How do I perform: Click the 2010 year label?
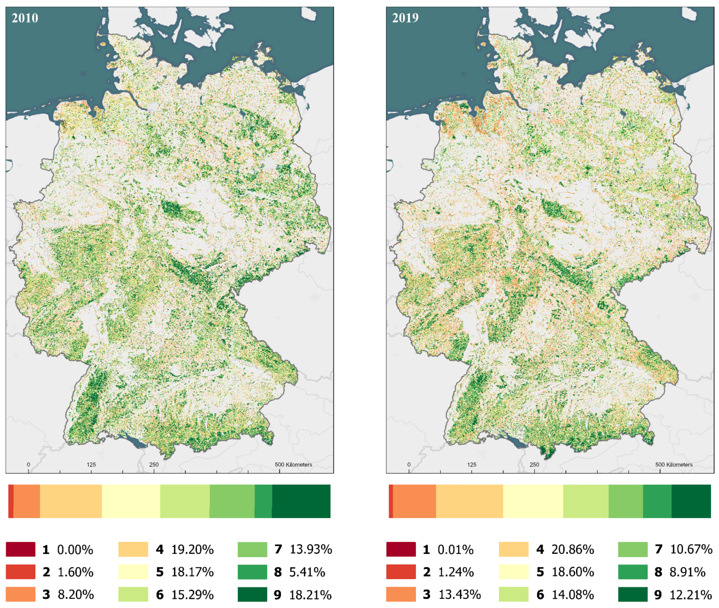click(x=25, y=18)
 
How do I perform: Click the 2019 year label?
click(x=405, y=18)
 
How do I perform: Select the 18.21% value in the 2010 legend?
click(x=310, y=594)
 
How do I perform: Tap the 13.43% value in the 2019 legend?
click(x=459, y=594)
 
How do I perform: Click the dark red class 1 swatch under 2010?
click(x=20, y=549)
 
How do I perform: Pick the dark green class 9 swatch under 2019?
click(x=632, y=594)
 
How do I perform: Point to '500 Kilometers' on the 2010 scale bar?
click(x=293, y=465)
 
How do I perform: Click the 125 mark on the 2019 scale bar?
click(x=471, y=465)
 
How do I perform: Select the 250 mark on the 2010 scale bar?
click(x=154, y=465)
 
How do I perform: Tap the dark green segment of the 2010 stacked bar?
click(x=301, y=501)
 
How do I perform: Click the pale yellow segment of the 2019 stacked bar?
click(x=533, y=501)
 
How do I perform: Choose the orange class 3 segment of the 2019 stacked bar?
click(x=414, y=501)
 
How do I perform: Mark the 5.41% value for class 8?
click(x=307, y=572)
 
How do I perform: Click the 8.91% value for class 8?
click(x=687, y=572)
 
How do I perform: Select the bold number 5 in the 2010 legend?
click(x=160, y=572)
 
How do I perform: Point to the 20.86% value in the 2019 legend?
click(x=572, y=549)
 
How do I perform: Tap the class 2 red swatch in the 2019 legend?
click(x=401, y=572)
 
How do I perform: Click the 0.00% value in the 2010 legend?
click(x=75, y=550)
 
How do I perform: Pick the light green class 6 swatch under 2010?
click(x=133, y=594)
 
